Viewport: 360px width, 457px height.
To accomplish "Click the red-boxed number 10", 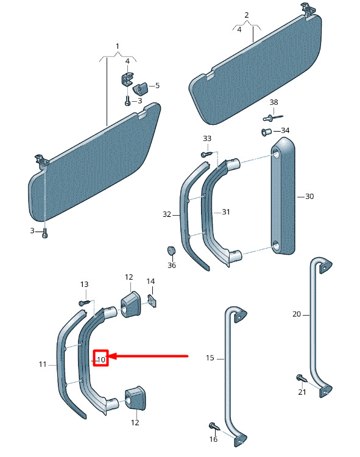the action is coord(101,360).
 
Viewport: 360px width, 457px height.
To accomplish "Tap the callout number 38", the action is coord(274,102).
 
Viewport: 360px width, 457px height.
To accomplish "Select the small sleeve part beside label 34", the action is coord(266,132).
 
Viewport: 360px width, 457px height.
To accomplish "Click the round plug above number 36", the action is coord(171,250).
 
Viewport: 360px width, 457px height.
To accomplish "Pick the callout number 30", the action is coord(309,196).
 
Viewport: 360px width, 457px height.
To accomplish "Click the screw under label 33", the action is coord(206,154).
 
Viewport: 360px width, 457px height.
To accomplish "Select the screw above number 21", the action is coord(302,378).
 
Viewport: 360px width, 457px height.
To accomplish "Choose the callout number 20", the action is coord(297,314).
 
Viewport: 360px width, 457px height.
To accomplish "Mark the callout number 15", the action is coord(210,358).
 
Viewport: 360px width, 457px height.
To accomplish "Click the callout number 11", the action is coord(43,364).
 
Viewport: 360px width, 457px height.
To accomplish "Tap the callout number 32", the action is coord(167,214).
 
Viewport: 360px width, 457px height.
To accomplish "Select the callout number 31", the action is coord(226,212).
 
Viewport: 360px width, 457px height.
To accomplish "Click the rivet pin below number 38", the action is coord(273,118).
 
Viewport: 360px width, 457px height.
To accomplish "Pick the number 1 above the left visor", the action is coord(118,46).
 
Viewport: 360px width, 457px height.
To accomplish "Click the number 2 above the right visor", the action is coord(247,15).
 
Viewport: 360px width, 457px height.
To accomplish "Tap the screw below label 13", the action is coord(85,303).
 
